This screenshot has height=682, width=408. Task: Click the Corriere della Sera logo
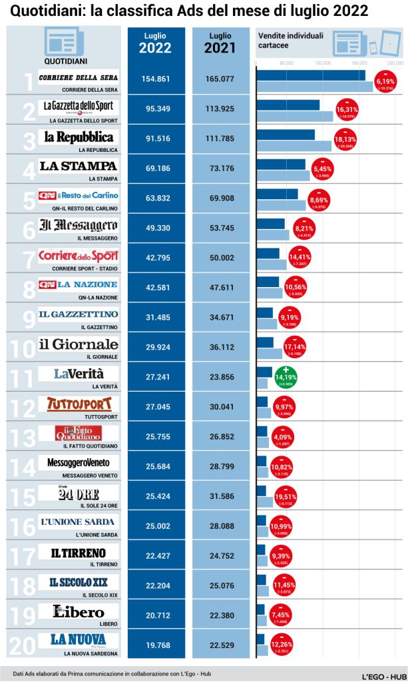[79, 79]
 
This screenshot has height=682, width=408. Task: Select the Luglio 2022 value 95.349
[156, 109]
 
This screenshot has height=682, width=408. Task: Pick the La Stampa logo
[79, 167]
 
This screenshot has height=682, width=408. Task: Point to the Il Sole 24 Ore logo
[79, 494]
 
